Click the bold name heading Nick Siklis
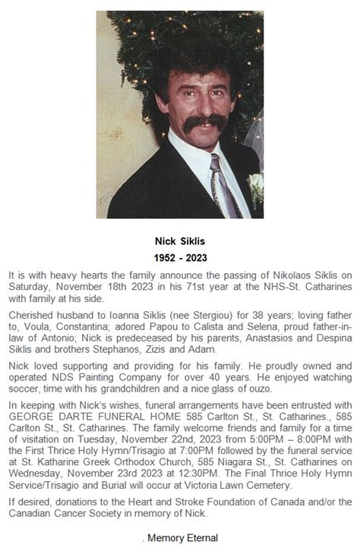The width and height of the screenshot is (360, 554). (180, 241)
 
